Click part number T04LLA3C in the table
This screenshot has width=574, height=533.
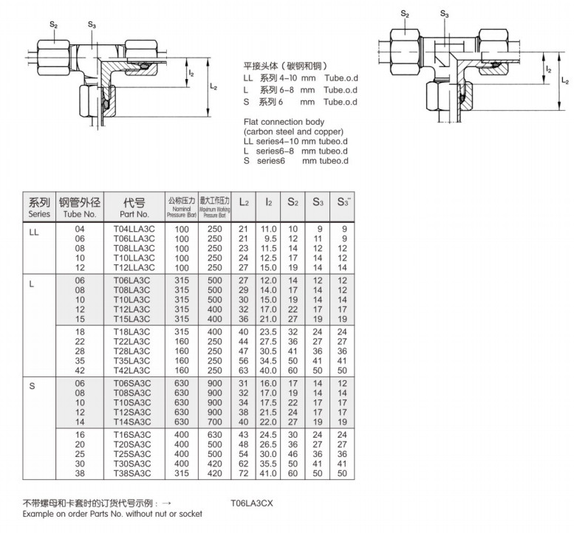pos(134,229)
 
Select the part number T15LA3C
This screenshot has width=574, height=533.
pos(132,319)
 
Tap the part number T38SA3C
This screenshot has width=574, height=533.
pos(134,472)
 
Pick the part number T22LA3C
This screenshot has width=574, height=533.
pos(134,343)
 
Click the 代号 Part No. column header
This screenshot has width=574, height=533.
pos(134,207)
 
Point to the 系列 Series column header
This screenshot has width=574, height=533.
pos(39,207)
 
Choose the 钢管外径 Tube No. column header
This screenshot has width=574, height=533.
pos(81,207)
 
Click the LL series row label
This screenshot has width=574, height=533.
pos(34,230)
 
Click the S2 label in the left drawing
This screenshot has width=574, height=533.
pos(53,24)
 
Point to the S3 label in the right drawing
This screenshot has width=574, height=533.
pos(444,13)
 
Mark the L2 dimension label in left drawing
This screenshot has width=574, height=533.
pos(213,87)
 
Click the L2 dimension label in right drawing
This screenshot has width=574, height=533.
pos(564,80)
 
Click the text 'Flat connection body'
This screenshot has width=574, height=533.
pos(283,121)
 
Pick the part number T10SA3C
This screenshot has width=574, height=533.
pos(134,404)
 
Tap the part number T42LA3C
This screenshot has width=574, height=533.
pos(134,370)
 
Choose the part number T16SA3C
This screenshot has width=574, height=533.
pos(134,436)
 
